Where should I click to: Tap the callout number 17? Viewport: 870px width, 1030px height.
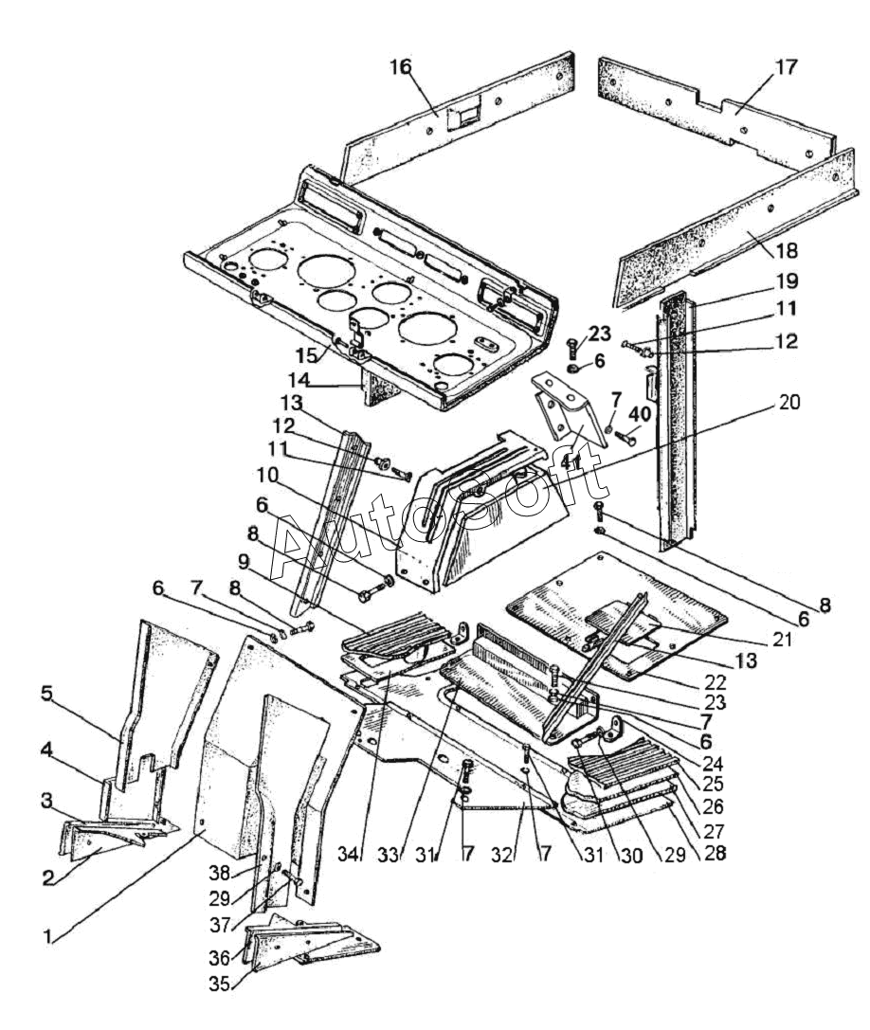coord(786,67)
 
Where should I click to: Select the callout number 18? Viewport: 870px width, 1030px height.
coord(787,251)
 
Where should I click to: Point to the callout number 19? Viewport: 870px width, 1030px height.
coord(787,281)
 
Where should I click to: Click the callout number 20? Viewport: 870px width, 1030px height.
coord(789,402)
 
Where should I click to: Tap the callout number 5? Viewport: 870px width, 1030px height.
coord(46,694)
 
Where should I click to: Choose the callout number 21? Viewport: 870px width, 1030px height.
coord(781,639)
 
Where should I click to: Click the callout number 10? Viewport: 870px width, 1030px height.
coord(267,475)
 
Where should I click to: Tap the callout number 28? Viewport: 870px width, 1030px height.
coord(715,853)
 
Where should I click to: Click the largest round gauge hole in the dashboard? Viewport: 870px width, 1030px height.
coord(327,269)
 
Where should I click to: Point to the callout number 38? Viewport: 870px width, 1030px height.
coord(220,873)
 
